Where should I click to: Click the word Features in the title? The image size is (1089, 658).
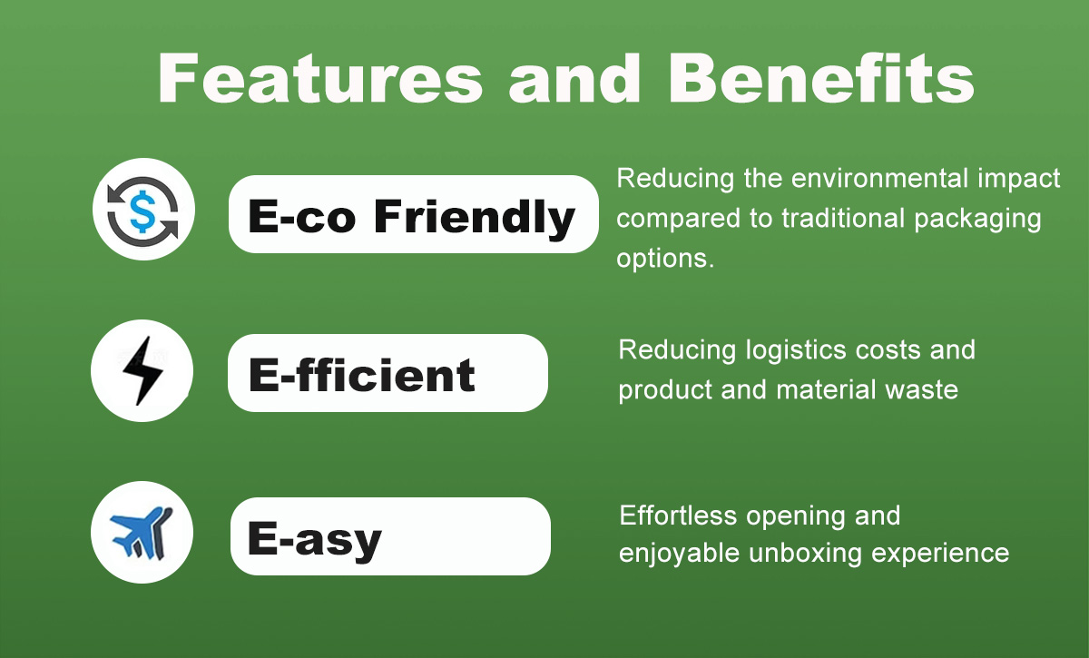320,78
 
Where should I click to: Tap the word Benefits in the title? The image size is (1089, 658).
822,78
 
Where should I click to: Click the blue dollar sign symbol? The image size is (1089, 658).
143,211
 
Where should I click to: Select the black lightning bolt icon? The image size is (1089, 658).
142,370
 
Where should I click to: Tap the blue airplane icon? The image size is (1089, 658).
141,533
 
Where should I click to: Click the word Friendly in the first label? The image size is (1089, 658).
475,218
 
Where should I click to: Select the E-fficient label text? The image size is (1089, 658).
362,375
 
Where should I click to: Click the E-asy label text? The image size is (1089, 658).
315,540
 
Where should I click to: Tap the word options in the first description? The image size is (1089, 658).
665,259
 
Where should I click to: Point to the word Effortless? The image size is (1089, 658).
678,516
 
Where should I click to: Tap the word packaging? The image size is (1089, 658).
977,220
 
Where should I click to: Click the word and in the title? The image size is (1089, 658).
575,78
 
